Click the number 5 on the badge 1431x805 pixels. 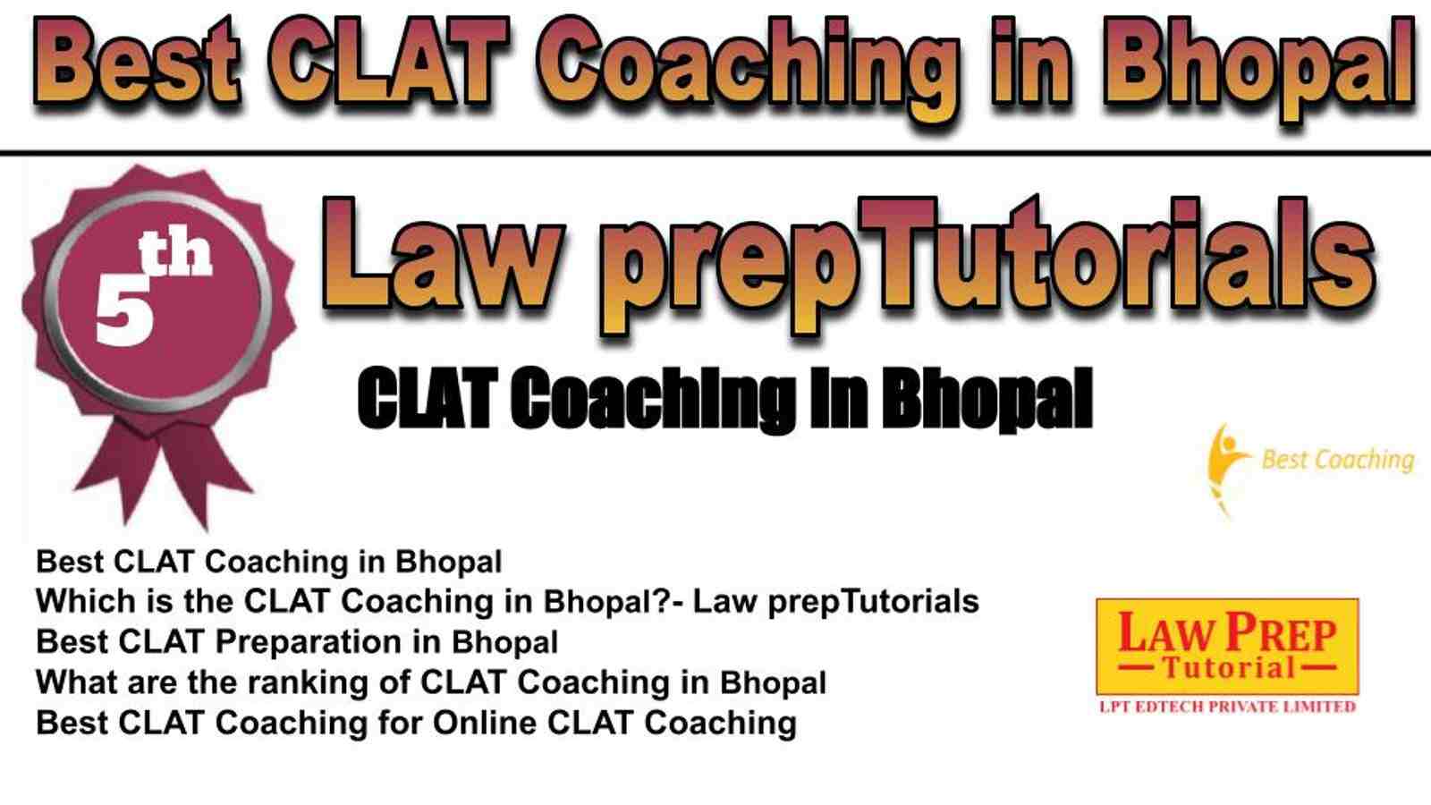pos(124,314)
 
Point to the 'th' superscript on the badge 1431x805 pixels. pos(175,253)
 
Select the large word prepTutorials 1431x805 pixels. pos(987,265)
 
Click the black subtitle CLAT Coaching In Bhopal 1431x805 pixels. pos(725,399)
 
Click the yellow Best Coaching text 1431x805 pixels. pos(1338,460)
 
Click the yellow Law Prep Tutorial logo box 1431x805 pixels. pos(1227,647)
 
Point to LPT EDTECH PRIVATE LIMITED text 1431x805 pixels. pos(1227,707)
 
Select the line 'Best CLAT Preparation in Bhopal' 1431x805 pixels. pos(297,642)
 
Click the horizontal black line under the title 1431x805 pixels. pos(715,153)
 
